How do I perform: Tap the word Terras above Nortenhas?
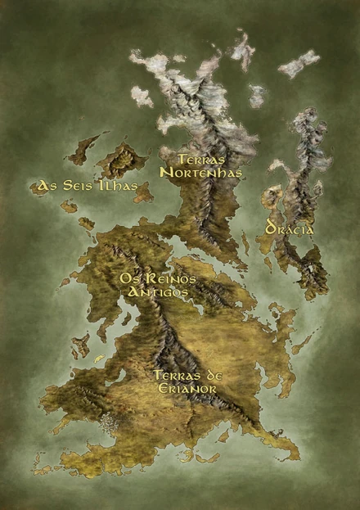tap(201, 159)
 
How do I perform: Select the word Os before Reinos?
tap(128, 278)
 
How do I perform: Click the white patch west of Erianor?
tap(109, 422)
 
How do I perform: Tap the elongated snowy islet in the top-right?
tap(299, 63)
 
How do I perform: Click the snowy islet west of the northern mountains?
tap(141, 97)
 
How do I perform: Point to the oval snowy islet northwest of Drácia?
tap(257, 96)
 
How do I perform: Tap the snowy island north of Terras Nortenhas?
tap(242, 50)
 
